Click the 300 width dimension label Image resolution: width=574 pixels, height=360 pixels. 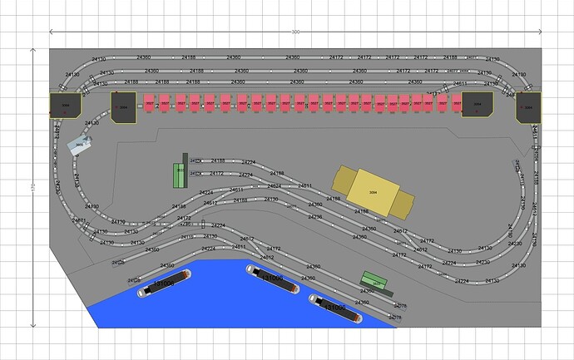[x=294, y=32]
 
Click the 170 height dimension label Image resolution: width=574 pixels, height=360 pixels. [x=32, y=188]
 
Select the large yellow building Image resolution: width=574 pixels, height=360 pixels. [x=374, y=189]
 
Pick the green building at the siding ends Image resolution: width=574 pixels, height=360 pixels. [x=178, y=175]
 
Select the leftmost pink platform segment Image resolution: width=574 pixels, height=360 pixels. [x=151, y=103]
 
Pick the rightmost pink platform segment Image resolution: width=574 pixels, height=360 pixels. [x=455, y=102]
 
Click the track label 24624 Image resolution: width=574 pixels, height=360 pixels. [x=274, y=186]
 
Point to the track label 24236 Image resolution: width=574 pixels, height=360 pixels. [x=315, y=217]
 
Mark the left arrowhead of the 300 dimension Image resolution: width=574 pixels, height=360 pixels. [x=52, y=32]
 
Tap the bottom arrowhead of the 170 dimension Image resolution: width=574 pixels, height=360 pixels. [x=32, y=325]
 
